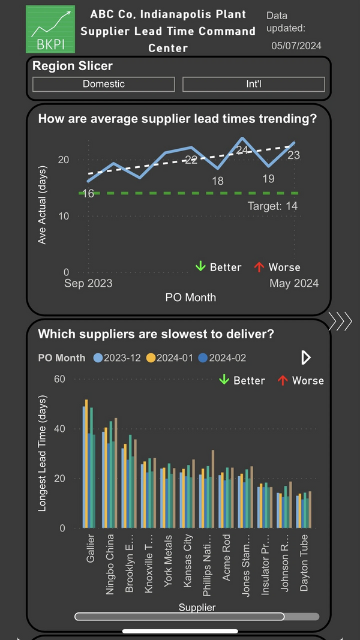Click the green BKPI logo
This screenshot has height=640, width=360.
tap(50, 29)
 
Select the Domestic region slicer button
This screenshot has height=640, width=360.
tap(104, 84)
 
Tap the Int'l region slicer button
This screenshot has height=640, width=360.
tap(253, 84)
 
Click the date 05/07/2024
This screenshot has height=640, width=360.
tap(296, 46)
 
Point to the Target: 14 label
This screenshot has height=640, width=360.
tap(273, 206)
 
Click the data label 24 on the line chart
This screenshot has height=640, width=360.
tap(242, 150)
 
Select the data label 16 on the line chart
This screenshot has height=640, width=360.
tap(88, 193)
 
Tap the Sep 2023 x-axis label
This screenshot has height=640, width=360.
tap(88, 283)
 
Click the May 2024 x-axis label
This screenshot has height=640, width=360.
tap(294, 283)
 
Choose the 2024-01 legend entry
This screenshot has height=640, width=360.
tap(170, 358)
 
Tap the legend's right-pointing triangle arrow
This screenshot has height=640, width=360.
tap(306, 358)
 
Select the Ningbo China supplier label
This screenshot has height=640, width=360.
tap(110, 564)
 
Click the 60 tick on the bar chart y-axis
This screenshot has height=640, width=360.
tap(59, 379)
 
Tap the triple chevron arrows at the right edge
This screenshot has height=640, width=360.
tap(341, 321)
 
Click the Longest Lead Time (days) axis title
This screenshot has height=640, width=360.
tap(43, 453)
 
